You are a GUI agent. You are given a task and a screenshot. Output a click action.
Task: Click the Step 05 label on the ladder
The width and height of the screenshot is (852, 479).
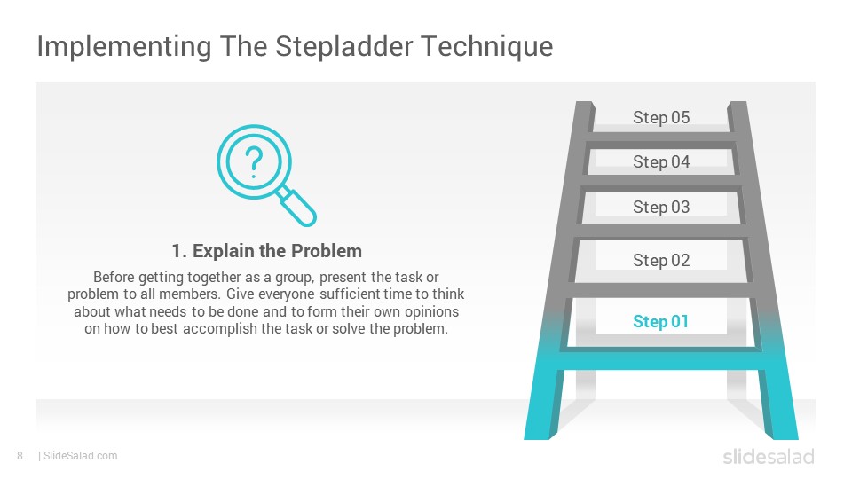(x=661, y=117)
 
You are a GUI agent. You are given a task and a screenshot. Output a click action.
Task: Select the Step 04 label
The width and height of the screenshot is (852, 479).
(x=661, y=161)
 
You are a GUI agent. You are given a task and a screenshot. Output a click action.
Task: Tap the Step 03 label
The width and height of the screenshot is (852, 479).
(x=661, y=207)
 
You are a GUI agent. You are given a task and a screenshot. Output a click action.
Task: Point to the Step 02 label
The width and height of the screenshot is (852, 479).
(x=661, y=260)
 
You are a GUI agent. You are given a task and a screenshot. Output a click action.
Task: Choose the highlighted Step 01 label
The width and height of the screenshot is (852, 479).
(x=660, y=321)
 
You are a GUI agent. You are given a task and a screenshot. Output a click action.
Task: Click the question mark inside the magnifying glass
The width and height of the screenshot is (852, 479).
(x=254, y=162)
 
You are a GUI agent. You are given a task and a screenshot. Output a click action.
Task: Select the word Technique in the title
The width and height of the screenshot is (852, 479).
(x=487, y=47)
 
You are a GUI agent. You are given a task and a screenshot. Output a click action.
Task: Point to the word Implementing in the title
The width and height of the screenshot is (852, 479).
(x=124, y=47)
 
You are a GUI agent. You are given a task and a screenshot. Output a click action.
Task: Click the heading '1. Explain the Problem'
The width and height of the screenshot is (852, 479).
(x=267, y=251)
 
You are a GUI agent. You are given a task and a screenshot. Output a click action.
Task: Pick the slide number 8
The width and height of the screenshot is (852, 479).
(x=20, y=456)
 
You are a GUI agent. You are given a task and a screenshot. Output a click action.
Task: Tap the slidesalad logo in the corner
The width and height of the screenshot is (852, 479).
(x=769, y=457)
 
